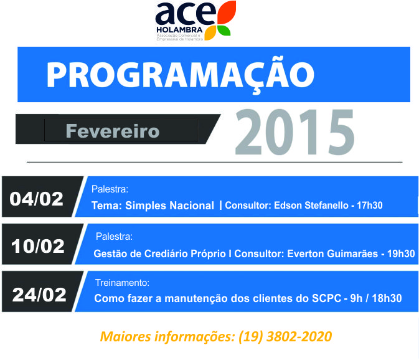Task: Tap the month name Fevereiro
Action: tap(113, 131)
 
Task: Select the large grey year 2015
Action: tap(294, 132)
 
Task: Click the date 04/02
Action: tap(36, 199)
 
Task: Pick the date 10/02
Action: tap(38, 246)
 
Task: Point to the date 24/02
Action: tap(39, 295)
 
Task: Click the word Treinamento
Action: tap(121, 283)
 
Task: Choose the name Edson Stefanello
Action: tap(311, 206)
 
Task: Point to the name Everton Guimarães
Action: tap(332, 253)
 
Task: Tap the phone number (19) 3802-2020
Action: tap(285, 336)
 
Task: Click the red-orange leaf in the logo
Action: tap(227, 12)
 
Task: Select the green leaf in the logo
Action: tap(224, 31)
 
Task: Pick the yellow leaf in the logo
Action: tap(210, 33)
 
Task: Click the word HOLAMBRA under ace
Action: tap(179, 30)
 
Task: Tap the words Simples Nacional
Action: tap(169, 206)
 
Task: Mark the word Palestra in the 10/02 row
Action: tap(113, 237)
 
